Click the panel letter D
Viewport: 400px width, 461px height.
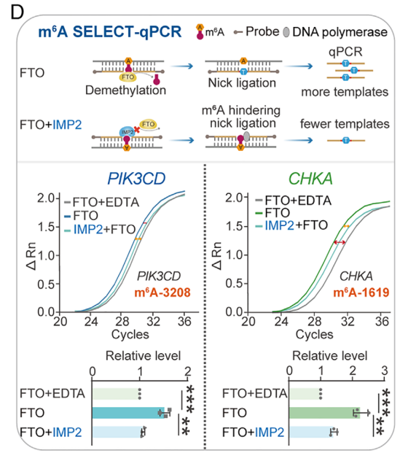click(x=17, y=12)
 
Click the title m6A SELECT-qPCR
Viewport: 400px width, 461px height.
click(x=110, y=32)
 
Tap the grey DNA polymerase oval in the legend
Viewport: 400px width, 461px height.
click(x=286, y=32)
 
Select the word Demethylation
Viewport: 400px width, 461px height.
click(x=126, y=90)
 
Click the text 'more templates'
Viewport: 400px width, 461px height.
click(x=345, y=92)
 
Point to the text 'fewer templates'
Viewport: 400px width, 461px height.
click(x=345, y=124)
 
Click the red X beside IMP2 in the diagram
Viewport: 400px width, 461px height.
click(x=136, y=129)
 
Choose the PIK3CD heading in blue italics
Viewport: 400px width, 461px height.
click(x=136, y=179)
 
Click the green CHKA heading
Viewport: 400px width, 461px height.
click(x=310, y=179)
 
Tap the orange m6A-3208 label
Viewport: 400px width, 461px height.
click(x=162, y=293)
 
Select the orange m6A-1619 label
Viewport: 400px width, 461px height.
click(x=361, y=293)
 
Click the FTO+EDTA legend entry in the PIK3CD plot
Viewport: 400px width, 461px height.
click(x=101, y=202)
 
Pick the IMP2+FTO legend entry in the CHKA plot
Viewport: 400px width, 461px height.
click(x=291, y=225)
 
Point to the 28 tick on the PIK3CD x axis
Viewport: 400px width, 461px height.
click(x=122, y=322)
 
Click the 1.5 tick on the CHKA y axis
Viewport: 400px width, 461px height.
click(x=234, y=226)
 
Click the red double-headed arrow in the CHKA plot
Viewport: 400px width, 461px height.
click(x=340, y=242)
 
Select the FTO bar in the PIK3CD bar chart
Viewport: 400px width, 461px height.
click(x=128, y=413)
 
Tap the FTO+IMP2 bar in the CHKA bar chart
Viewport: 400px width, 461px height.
click(x=311, y=432)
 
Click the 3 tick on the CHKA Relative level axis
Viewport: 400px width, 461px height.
click(x=385, y=371)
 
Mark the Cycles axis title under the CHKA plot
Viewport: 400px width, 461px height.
click(x=314, y=335)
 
